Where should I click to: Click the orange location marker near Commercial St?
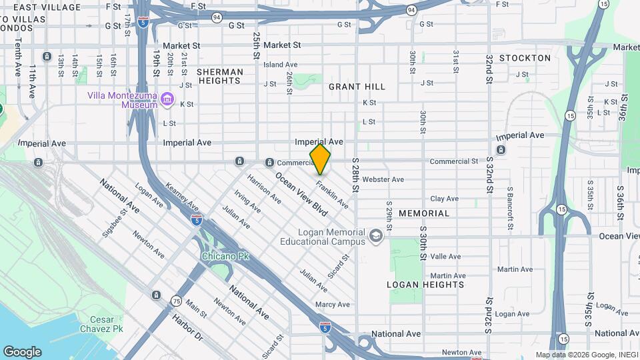coord(320,159)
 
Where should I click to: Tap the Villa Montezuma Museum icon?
coord(167,100)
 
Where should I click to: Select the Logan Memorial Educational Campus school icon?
coord(376,236)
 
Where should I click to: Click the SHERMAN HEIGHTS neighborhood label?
coord(219,75)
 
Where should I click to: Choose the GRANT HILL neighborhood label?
coord(357,87)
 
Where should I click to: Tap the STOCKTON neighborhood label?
coord(525,58)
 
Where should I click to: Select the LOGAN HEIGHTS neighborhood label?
coord(425,285)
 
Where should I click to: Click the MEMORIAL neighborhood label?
coord(424,213)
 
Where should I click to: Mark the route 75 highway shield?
coord(177,301)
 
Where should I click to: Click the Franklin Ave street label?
coord(332,194)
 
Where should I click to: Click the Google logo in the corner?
coord(22,352)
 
